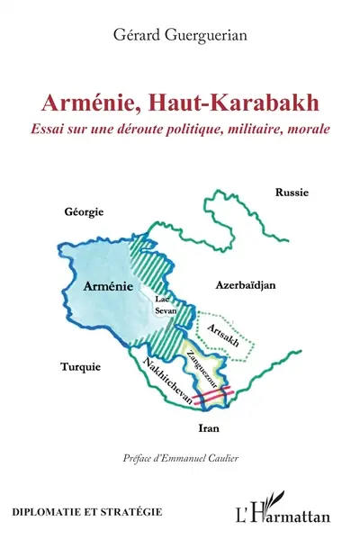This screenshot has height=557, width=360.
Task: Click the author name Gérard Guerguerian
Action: point(179,35)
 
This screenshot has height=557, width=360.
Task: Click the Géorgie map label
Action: point(85,211)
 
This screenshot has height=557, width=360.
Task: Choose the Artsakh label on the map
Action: point(223,331)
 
